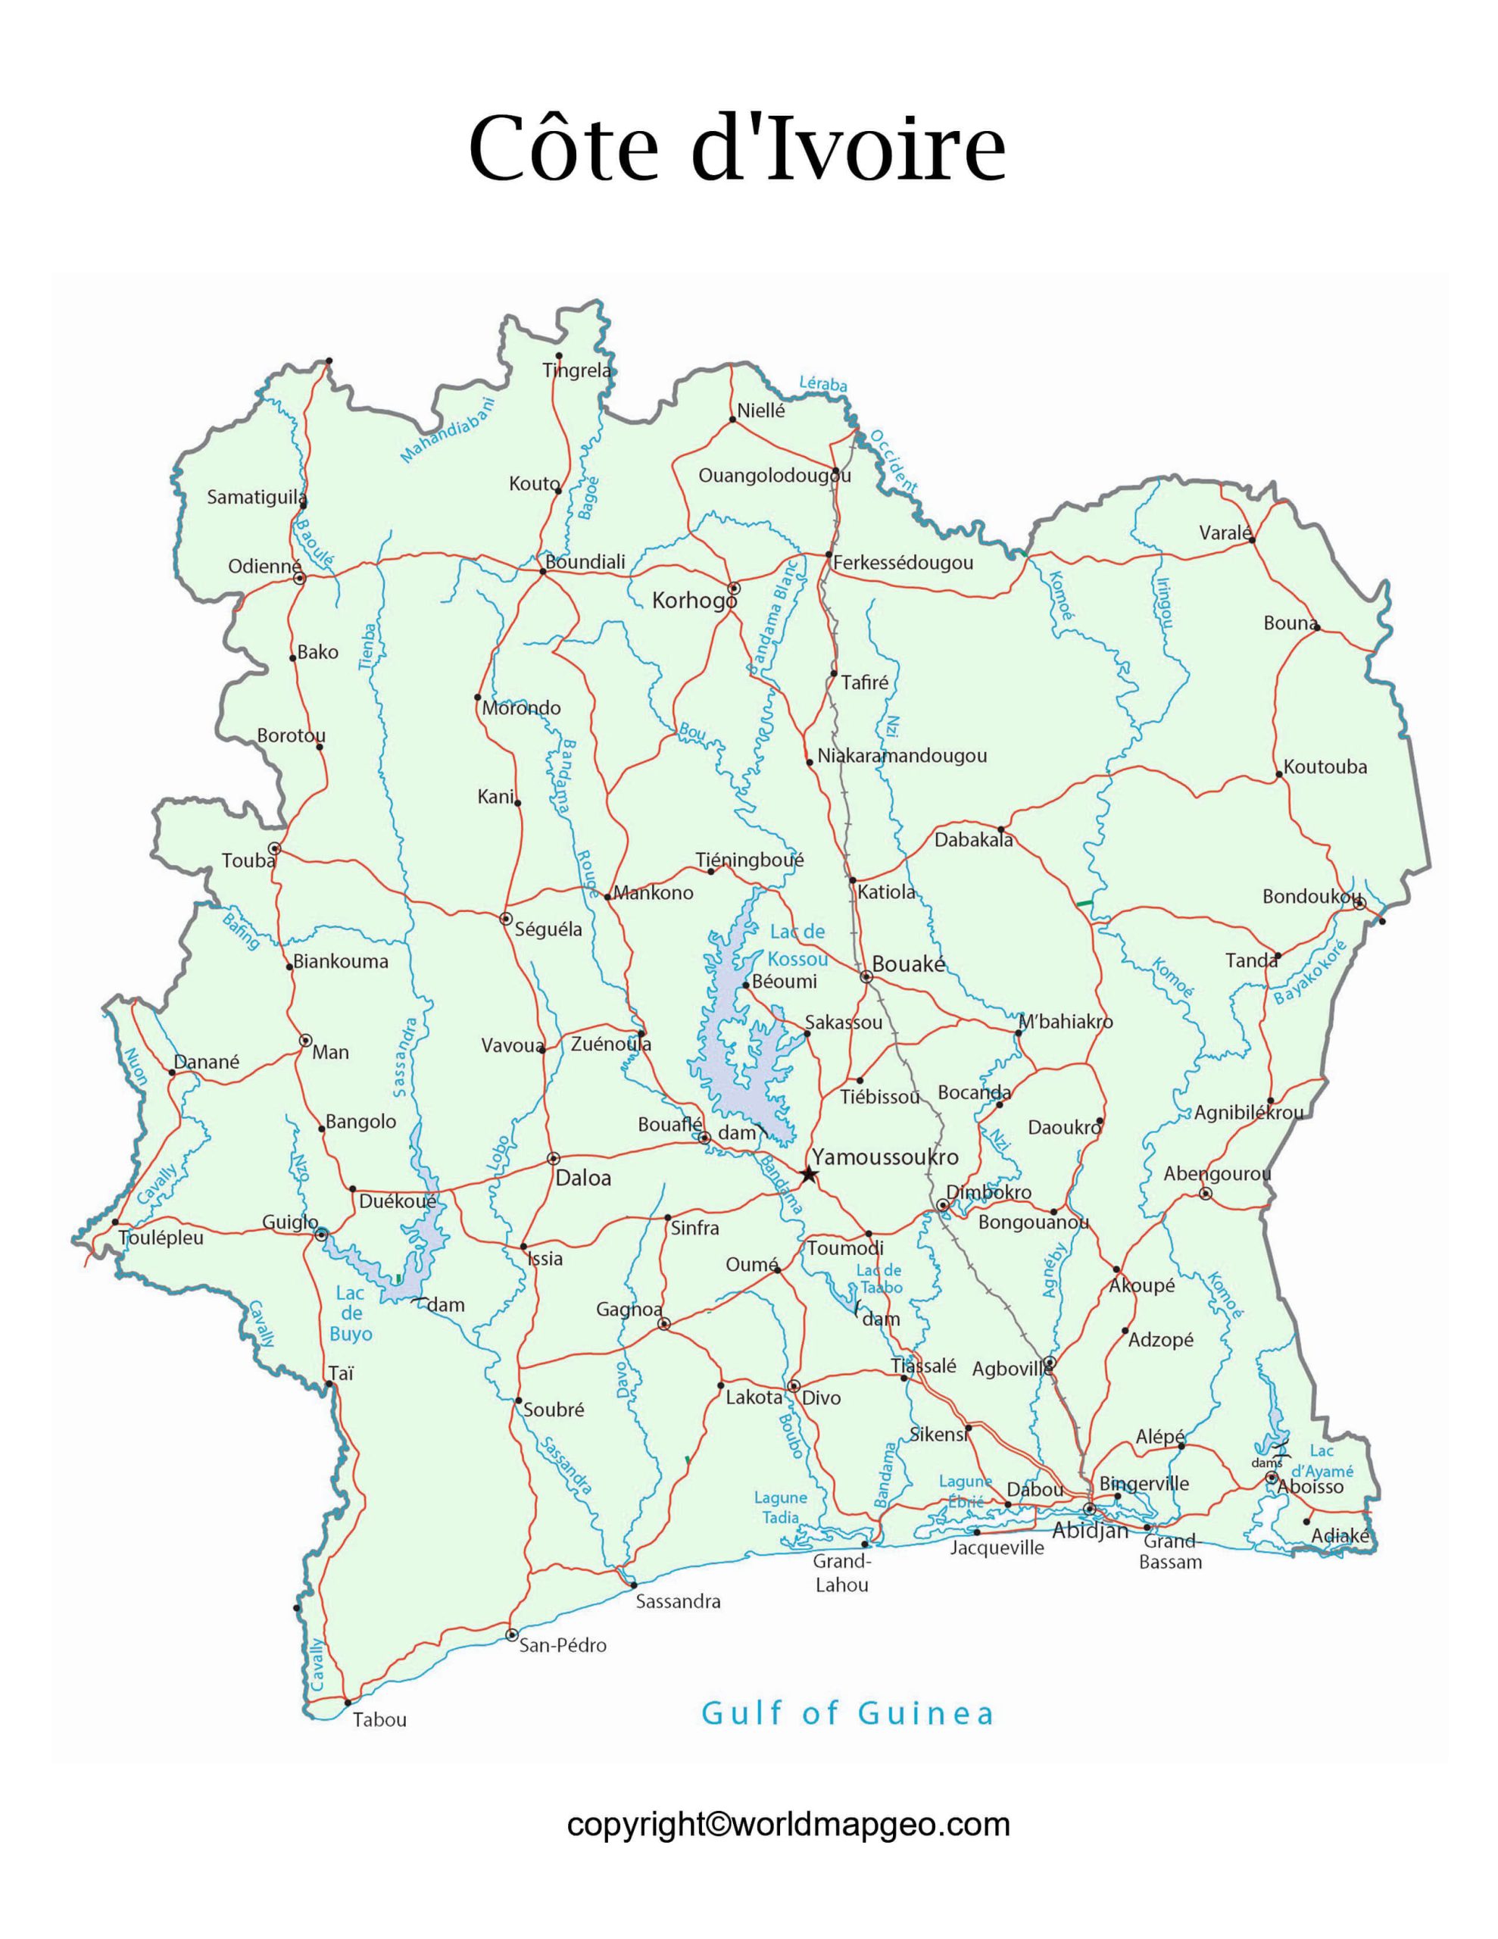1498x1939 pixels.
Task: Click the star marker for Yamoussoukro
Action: coord(808,1176)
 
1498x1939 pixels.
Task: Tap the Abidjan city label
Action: coord(1090,1531)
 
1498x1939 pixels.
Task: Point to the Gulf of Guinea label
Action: coord(847,1713)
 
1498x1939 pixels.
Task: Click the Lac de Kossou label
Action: coord(797,945)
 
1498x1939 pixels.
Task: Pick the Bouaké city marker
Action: coord(866,976)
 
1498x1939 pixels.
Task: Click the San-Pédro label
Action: coord(563,1645)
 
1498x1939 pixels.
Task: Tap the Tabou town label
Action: coord(379,1719)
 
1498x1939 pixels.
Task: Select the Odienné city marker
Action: coord(299,578)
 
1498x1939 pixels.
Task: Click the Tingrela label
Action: coord(577,370)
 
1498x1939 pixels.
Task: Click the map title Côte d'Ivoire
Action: coord(737,149)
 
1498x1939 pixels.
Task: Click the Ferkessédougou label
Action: coord(902,563)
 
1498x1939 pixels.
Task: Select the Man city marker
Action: coord(305,1040)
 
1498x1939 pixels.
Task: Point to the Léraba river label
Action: coord(823,385)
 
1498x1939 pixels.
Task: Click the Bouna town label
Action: coord(1289,623)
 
